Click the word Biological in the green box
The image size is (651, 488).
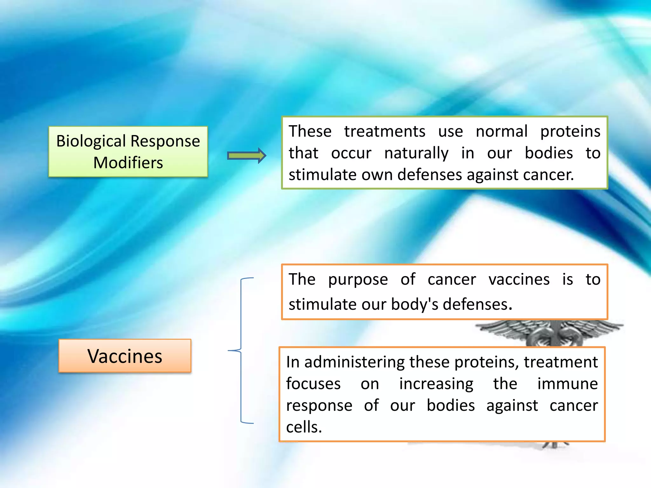[91, 141]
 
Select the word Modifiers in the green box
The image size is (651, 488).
[128, 163]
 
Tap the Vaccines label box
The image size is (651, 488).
[125, 356]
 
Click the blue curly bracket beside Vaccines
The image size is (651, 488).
[241, 350]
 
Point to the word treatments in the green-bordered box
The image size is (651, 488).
[384, 131]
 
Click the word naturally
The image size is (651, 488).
[416, 153]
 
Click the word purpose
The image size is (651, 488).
[358, 280]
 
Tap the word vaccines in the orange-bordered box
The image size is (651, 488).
[519, 280]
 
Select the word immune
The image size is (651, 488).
[567, 383]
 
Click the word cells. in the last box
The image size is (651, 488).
[304, 427]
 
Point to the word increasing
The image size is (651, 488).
[436, 384]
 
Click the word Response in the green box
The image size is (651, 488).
[165, 141]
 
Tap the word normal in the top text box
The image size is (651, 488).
[502, 131]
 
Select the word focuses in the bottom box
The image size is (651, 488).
[313, 383]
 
